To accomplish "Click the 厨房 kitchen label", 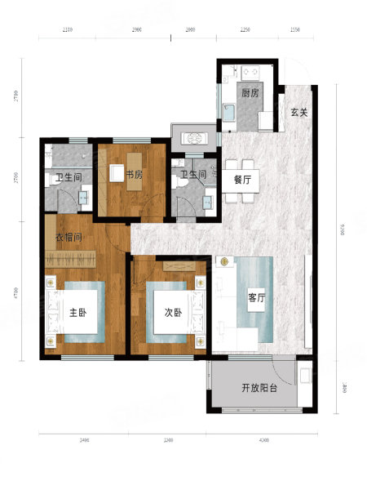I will click(x=250, y=93).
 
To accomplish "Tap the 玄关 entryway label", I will click(x=299, y=113).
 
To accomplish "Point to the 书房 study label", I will click(x=135, y=173).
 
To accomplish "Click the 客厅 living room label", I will click(x=257, y=298).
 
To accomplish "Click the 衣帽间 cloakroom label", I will click(x=70, y=238).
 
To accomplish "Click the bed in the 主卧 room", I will click(x=77, y=314).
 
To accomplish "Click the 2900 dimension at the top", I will click(x=137, y=29).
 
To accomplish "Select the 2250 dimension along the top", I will click(x=245, y=29).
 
